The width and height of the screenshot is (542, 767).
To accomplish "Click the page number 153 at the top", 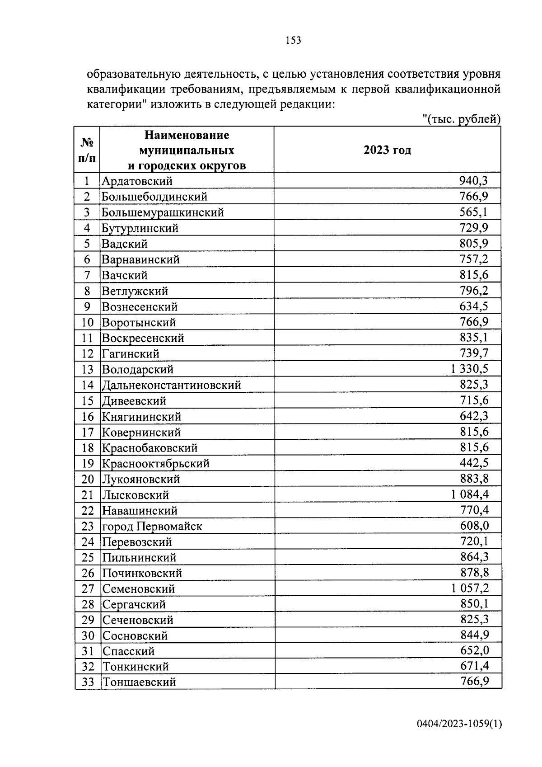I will (293, 41).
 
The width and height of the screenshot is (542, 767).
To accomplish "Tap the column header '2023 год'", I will (387, 150).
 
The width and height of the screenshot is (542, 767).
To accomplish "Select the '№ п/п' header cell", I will (87, 150).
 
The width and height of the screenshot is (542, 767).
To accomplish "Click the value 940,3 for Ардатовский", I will (473, 181).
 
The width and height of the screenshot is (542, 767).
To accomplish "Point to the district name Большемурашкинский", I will (163, 212).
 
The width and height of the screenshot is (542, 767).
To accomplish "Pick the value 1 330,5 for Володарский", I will (469, 369).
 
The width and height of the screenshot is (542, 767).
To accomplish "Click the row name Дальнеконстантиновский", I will (172, 385).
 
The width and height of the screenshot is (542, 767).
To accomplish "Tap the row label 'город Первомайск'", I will (152, 527).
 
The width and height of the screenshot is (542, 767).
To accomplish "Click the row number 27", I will (88, 589).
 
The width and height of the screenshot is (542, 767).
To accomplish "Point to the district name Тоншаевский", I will (139, 682).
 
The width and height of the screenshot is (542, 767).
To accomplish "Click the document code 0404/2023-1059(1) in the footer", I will (459, 724).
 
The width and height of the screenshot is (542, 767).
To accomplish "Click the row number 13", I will (87, 370).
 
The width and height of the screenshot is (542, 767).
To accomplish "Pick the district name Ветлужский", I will (135, 291).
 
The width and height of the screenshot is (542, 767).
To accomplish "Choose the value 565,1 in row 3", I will (474, 212).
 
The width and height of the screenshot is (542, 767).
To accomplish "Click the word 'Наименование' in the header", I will (187, 135).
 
